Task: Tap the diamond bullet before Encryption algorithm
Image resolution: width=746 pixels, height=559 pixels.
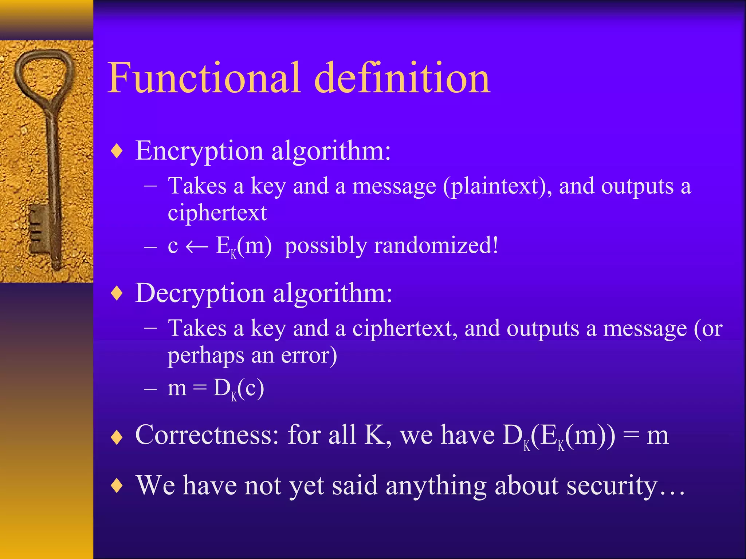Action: click(117, 151)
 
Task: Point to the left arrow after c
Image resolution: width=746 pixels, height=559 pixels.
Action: click(197, 247)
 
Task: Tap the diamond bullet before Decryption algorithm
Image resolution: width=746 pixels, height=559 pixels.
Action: click(117, 293)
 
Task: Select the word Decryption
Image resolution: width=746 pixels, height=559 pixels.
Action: click(200, 293)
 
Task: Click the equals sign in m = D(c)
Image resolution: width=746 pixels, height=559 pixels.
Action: click(200, 388)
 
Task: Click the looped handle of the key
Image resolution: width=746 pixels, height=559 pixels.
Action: click(44, 75)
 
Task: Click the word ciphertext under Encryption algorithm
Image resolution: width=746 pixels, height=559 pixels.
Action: click(217, 213)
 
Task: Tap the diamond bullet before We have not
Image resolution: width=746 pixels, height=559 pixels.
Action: click(117, 486)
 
